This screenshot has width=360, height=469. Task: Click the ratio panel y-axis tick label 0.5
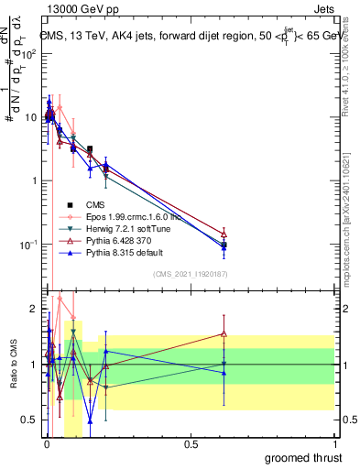coord(27,420)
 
